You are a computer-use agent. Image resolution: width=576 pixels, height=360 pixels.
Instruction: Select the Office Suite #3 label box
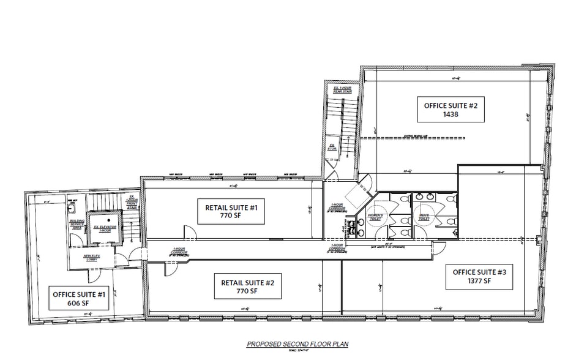point(479,277)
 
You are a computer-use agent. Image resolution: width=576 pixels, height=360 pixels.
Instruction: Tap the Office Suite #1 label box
point(80,298)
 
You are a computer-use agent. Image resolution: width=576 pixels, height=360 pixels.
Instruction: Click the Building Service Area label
point(77,225)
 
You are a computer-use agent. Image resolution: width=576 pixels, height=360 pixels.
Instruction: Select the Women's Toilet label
point(375,217)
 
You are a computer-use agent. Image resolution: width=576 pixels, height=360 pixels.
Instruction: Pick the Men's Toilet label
point(424,217)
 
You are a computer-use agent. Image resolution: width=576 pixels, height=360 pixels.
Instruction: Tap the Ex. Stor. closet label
point(332,148)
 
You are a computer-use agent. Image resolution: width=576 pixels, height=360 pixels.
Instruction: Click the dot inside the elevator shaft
point(109,219)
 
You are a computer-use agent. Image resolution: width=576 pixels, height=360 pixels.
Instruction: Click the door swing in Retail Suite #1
point(190,233)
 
